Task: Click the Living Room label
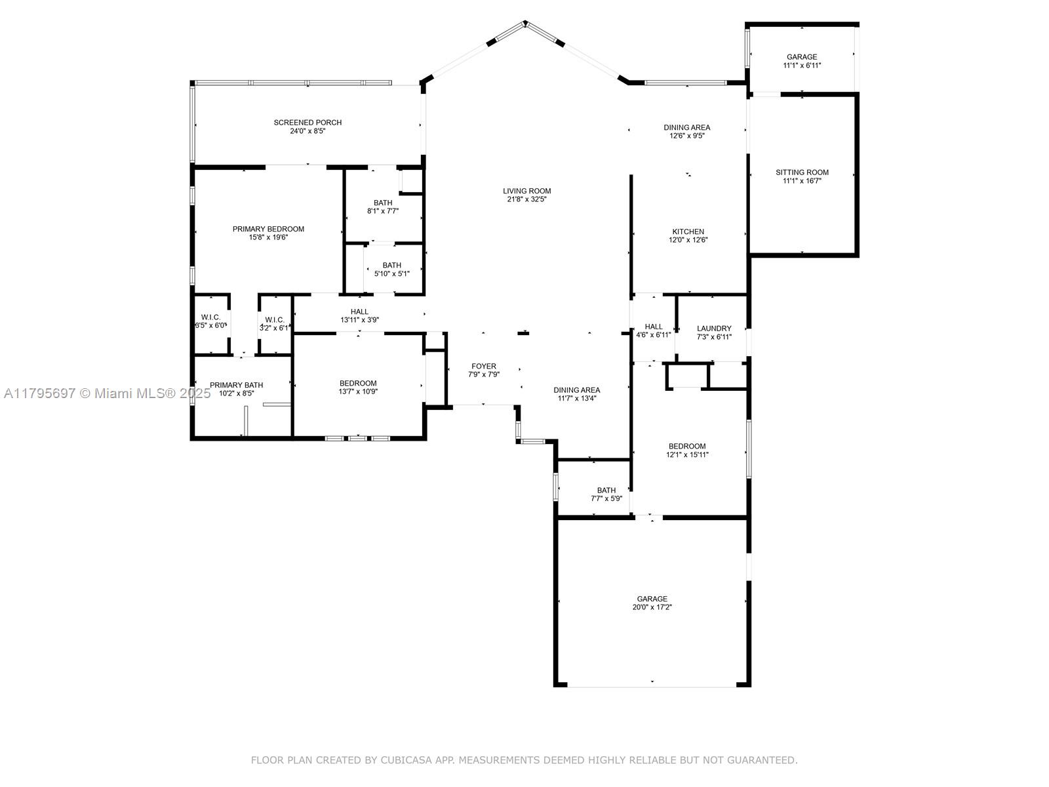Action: coord(526,191)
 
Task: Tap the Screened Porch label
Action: coord(307,123)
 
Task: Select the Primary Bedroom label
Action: coord(269,230)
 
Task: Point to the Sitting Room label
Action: coord(802,172)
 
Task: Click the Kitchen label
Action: coord(688,232)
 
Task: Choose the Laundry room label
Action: coord(714,329)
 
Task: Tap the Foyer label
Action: coord(484,367)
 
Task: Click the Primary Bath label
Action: coord(237,385)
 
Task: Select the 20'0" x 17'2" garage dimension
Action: coord(652,607)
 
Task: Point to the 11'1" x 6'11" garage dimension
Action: coord(802,66)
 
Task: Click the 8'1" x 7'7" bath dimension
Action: coord(383,211)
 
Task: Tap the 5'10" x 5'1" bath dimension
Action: coord(392,273)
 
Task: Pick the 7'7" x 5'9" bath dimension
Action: coord(606,499)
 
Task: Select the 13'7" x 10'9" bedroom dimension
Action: coord(358,392)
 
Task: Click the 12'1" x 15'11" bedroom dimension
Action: coord(687,455)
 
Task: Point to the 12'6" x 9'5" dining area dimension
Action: coord(686,136)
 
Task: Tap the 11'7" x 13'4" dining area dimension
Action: coord(577,399)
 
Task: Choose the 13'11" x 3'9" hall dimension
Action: coord(359,320)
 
